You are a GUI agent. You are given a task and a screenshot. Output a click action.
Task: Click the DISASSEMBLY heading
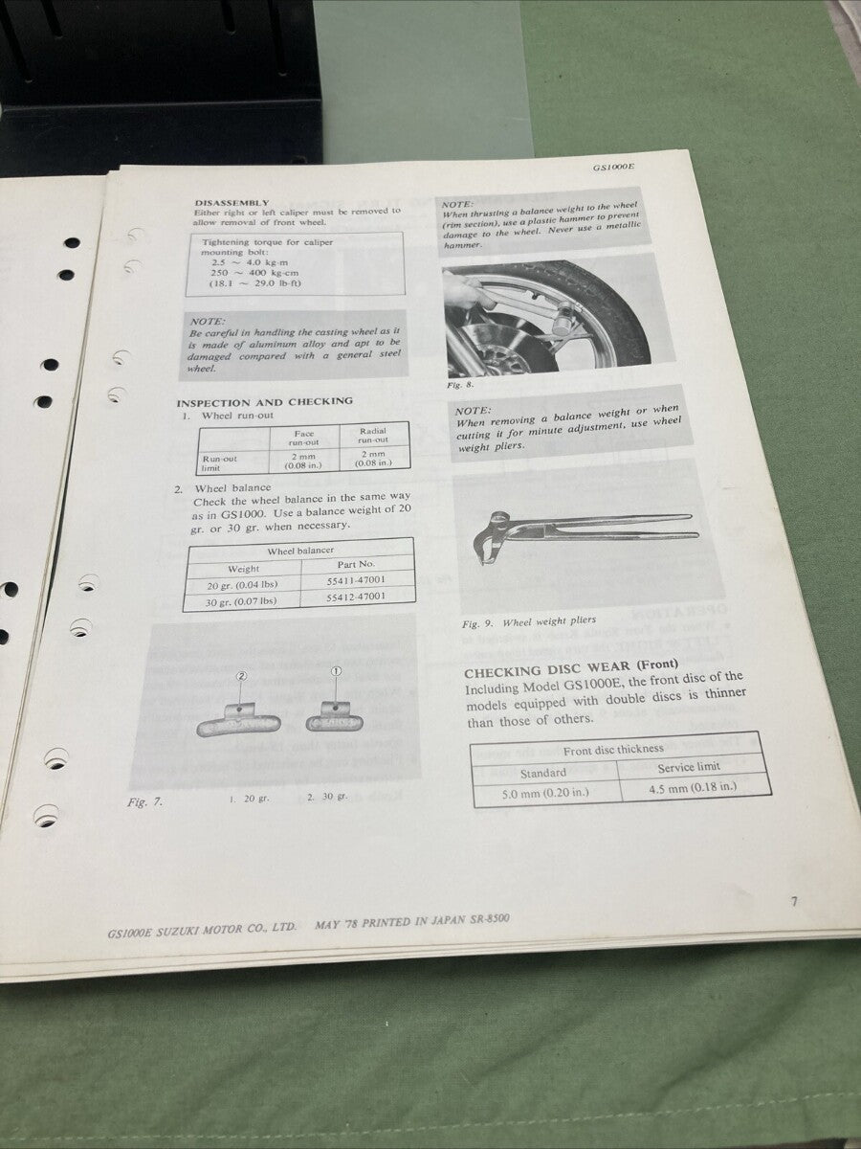pos(232,202)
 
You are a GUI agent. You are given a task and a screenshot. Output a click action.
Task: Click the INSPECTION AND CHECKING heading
pos(264,402)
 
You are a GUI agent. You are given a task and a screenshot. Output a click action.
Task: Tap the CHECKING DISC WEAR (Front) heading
pos(571,667)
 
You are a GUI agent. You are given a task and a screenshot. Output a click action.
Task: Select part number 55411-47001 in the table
pos(359,580)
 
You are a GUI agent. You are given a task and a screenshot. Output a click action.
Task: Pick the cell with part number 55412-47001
pos(359,597)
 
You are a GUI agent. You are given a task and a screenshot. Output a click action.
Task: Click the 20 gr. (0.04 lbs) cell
pos(243,585)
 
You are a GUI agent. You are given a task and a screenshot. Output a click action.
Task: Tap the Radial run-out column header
pos(372,437)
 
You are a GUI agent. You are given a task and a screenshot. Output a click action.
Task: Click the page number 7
pos(794,901)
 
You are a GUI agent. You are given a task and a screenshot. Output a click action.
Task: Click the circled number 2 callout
pos(241,675)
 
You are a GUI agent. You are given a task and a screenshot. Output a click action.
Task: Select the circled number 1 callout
pos(336,671)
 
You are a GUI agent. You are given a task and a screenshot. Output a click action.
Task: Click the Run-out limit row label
pos(220,462)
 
